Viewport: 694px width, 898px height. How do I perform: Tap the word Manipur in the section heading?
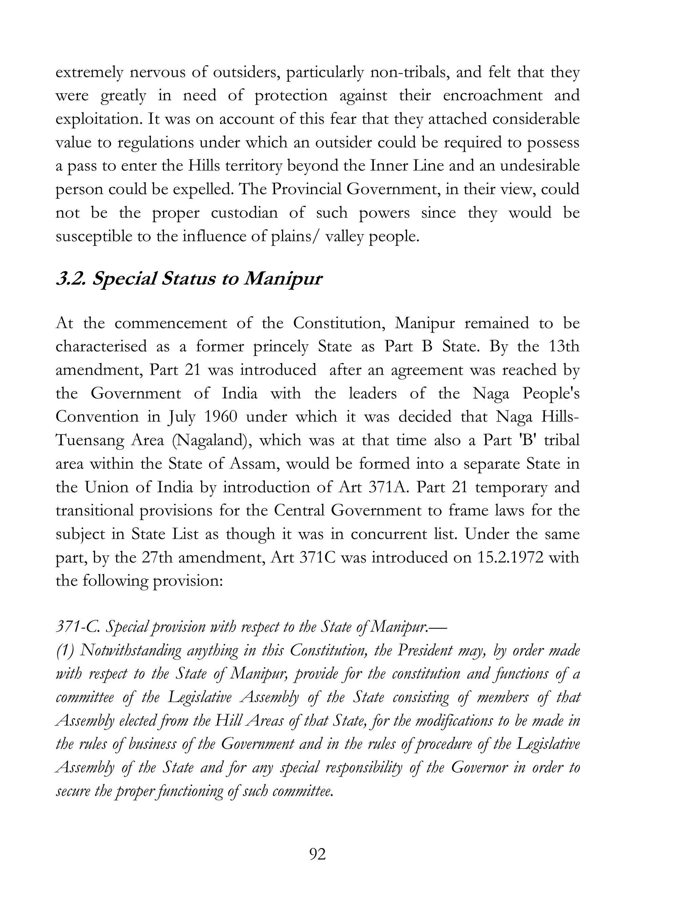coord(283,279)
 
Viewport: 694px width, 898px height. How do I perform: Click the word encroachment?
coord(492,96)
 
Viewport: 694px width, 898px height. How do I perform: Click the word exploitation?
coord(99,119)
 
